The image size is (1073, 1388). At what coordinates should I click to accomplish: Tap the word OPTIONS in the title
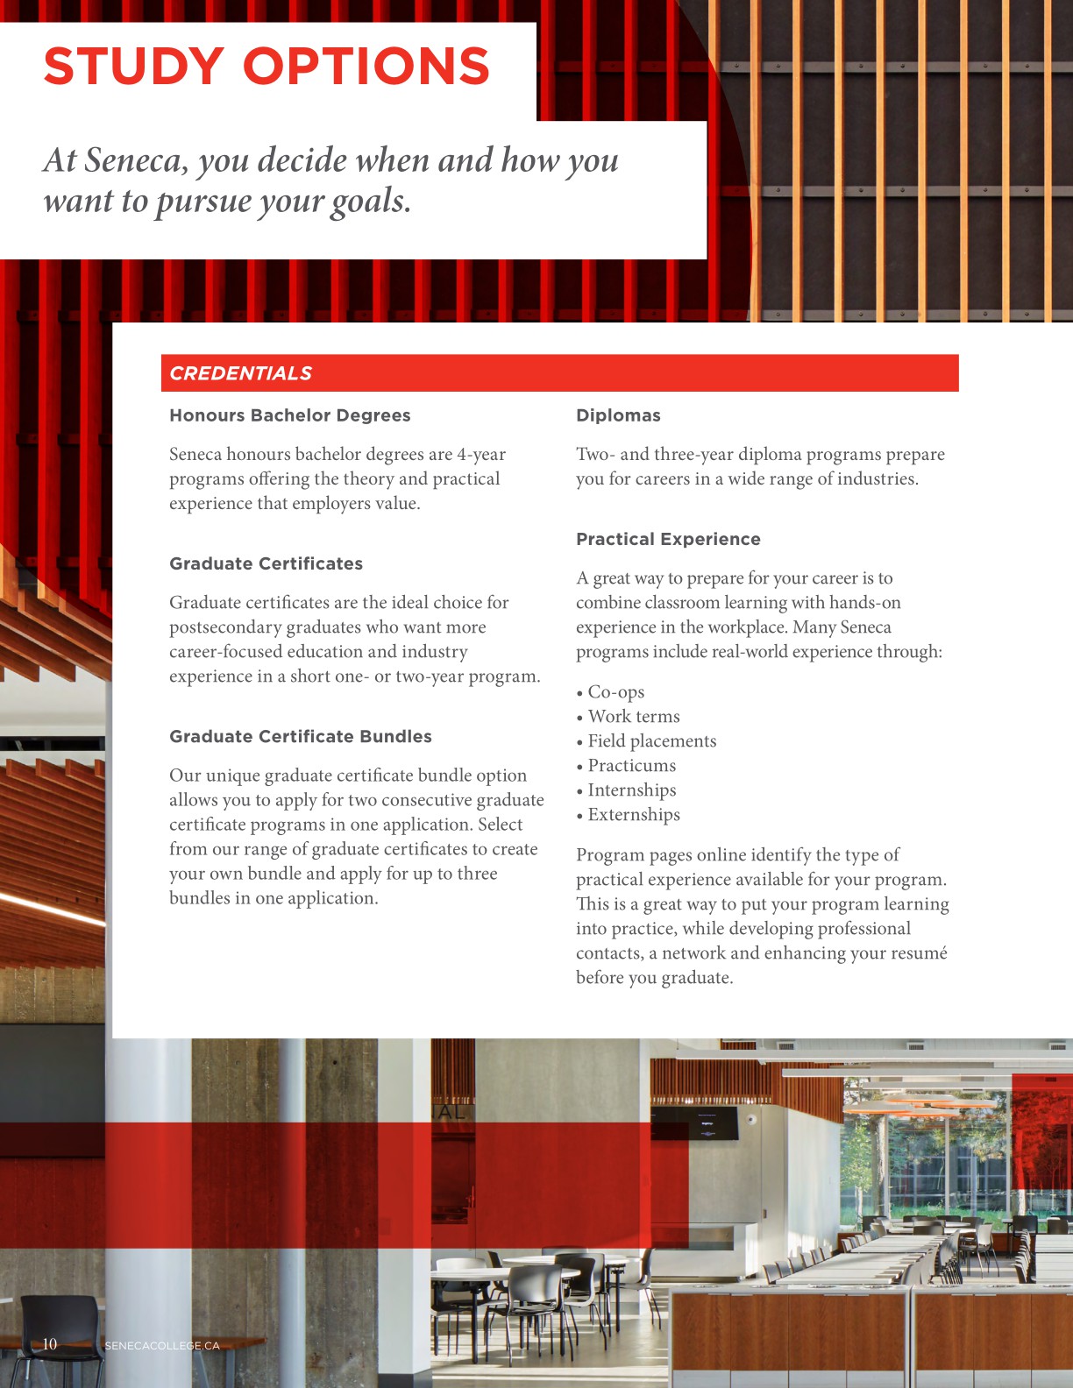(366, 67)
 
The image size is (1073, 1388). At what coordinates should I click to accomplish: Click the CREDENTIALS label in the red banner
(240, 373)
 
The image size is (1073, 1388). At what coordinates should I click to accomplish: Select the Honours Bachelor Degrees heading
(289, 415)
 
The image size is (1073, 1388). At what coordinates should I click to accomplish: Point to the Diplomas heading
(618, 415)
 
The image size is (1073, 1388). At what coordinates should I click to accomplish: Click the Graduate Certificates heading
(266, 563)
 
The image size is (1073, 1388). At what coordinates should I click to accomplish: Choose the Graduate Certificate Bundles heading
(300, 736)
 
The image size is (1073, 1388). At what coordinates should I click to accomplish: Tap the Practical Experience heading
(668, 539)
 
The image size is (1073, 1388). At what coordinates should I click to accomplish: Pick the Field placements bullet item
(651, 740)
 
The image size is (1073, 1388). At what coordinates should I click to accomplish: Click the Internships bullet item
(631, 790)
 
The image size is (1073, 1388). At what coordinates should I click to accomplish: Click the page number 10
(50, 1344)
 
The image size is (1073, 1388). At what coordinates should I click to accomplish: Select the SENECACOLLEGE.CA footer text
(162, 1345)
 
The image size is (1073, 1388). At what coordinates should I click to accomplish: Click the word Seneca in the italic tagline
(135, 160)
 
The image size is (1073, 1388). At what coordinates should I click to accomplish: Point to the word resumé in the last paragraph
(917, 952)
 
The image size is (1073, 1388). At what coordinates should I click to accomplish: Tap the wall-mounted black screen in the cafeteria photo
(707, 1123)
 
